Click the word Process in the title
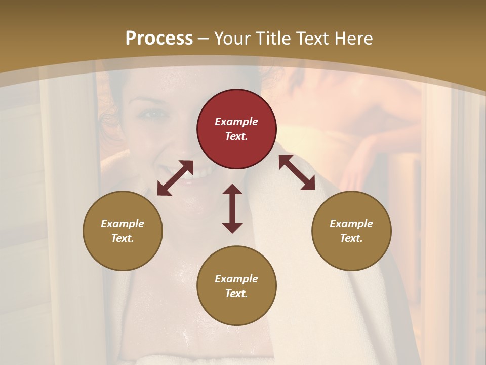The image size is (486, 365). pos(159,39)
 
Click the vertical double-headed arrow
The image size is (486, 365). pos(232,208)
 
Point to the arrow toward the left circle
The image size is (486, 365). pos(175,178)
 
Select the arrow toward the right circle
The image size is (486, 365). pos(297,172)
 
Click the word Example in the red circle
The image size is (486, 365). pos(236,122)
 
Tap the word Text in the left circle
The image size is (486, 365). pos(123,238)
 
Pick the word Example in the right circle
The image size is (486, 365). pos(351,224)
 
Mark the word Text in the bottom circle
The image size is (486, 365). pos(236,294)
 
